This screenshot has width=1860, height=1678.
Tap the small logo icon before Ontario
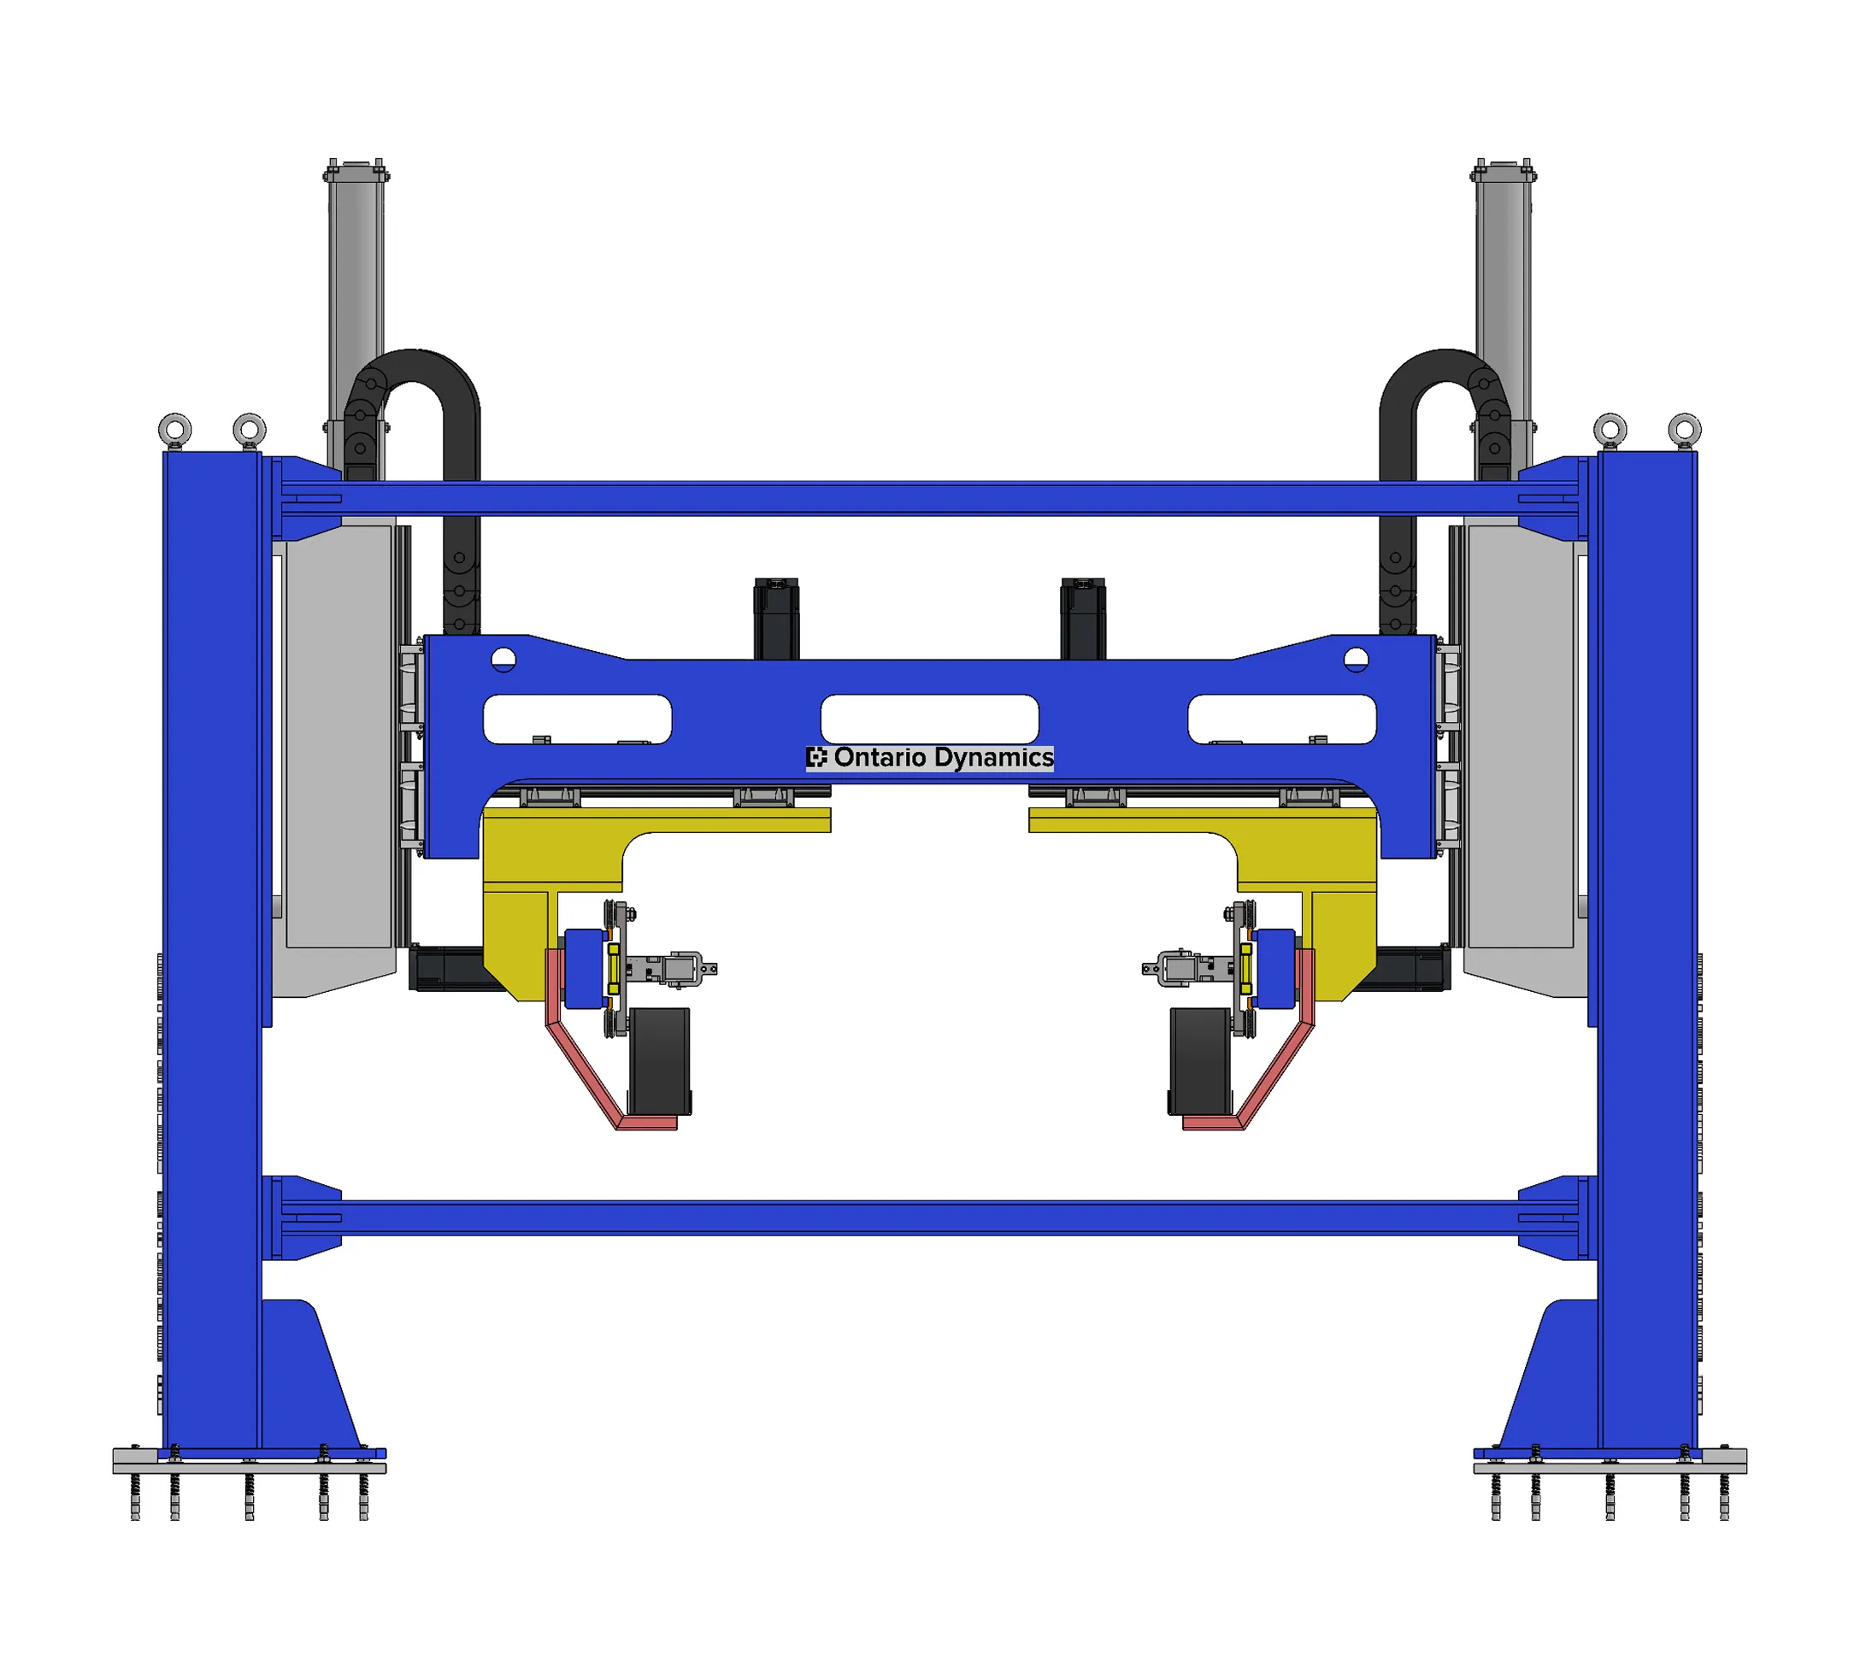coord(817,758)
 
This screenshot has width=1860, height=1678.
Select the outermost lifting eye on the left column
coord(175,430)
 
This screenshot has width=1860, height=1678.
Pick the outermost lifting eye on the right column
coord(1685,430)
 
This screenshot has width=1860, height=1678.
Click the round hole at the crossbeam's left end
coord(503,660)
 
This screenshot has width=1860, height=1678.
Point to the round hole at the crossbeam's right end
coord(1356,660)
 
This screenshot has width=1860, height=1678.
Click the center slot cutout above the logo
coord(929,719)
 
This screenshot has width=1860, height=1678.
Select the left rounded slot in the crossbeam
coord(577,719)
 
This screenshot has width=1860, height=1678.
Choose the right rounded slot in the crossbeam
coord(1282,719)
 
